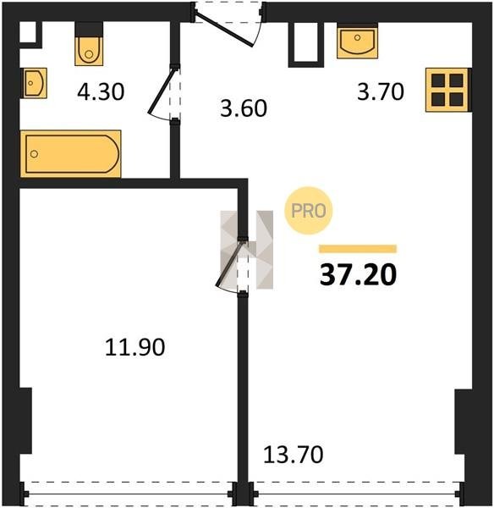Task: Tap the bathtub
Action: [70, 154]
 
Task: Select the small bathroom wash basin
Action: [34, 83]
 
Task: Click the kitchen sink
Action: [358, 42]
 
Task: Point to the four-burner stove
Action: [447, 90]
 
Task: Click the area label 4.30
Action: [101, 91]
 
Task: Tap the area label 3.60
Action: [244, 108]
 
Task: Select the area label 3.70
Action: [381, 91]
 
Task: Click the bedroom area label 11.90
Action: [135, 347]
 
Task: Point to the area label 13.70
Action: [294, 454]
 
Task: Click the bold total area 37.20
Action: [358, 274]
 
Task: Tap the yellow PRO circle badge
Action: [309, 211]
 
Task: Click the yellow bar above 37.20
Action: [358, 248]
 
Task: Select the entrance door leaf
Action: [225, 29]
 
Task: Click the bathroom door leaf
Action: [162, 91]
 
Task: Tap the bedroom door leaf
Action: [229, 264]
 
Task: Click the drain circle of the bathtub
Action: [34, 154]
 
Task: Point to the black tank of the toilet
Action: [89, 30]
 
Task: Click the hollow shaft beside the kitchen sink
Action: [306, 45]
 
